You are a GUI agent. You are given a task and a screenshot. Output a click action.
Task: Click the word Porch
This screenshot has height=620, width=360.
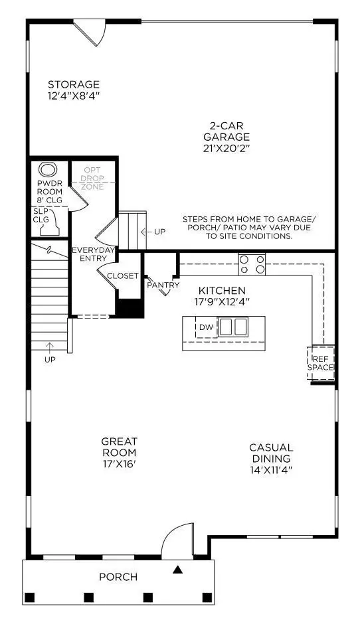[118, 577]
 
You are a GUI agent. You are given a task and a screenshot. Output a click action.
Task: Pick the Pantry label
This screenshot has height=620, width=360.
[163, 285]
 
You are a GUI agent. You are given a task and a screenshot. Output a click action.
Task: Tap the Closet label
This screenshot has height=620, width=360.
[123, 276]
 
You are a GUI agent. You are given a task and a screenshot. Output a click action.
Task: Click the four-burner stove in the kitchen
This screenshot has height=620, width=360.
[252, 265]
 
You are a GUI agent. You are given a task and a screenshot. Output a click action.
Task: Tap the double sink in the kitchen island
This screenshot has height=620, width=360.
[233, 327]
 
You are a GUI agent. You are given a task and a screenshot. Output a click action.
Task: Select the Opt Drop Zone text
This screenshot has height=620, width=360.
[92, 179]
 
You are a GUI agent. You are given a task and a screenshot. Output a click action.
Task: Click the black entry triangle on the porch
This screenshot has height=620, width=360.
[177, 570]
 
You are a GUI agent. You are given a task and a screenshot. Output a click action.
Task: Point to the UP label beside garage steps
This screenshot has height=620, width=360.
[159, 232]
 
